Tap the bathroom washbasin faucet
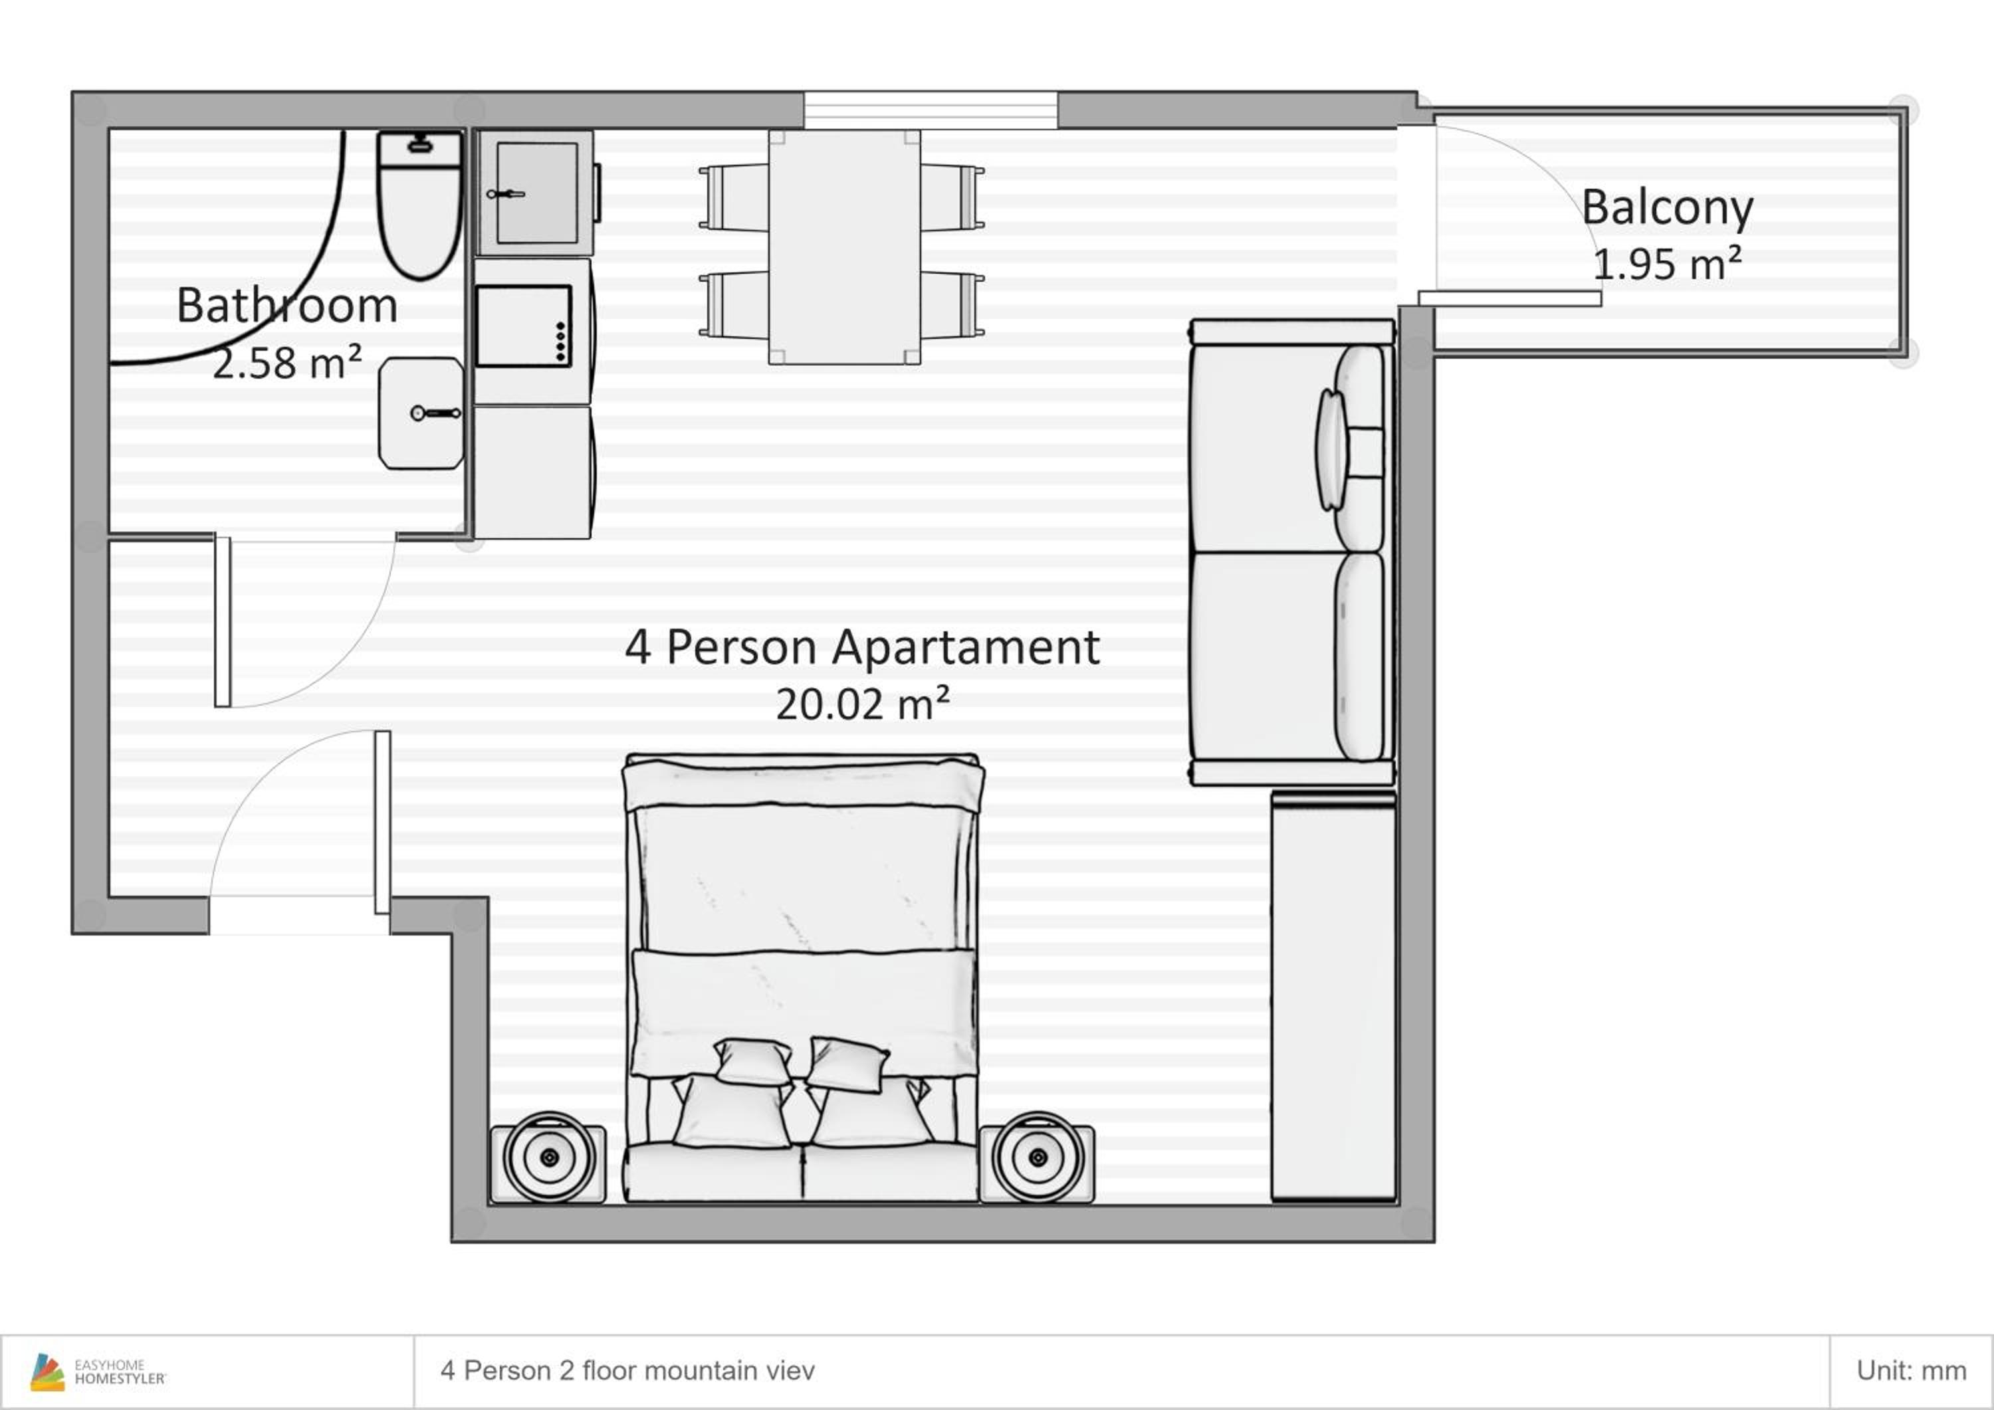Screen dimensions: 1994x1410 (x=435, y=413)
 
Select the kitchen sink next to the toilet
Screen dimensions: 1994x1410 (x=535, y=192)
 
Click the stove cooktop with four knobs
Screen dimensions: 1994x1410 (x=524, y=326)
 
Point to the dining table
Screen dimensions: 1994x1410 (x=844, y=247)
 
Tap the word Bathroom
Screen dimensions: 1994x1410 (x=286, y=306)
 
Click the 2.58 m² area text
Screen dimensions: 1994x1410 (x=286, y=362)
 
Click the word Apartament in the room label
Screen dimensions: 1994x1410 (x=966, y=648)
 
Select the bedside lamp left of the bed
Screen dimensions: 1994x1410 (x=549, y=1158)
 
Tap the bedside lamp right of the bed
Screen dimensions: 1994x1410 (x=1038, y=1158)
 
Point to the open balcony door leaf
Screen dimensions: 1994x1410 (x=1509, y=298)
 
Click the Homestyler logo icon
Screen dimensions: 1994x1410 (x=47, y=1372)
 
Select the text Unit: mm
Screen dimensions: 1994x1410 (x=1911, y=1371)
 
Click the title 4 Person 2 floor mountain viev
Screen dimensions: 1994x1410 (x=627, y=1371)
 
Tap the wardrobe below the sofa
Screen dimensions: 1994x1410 (x=1333, y=996)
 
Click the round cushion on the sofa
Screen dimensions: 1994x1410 (x=1331, y=450)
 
